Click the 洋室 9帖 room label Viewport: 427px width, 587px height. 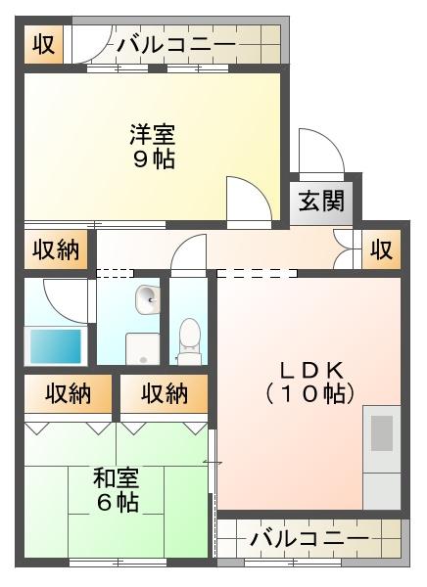point(153,147)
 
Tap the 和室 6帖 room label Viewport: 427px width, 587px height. point(117,490)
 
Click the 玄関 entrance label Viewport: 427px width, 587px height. point(321,201)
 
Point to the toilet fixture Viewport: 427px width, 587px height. point(189,341)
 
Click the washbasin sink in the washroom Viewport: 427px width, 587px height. point(148,299)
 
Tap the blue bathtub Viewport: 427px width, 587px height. point(56,346)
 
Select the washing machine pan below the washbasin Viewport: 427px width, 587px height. point(142,348)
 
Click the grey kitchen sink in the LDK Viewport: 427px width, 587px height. point(382,433)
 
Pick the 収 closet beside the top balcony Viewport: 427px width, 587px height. point(43,44)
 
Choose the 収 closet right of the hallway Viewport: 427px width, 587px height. point(382,249)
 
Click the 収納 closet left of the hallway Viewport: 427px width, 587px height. point(56,249)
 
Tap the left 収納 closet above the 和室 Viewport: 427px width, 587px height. point(69,394)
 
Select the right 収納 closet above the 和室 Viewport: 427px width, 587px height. point(165,394)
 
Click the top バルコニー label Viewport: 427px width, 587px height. point(176,45)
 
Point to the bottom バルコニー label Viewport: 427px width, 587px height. point(309,539)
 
